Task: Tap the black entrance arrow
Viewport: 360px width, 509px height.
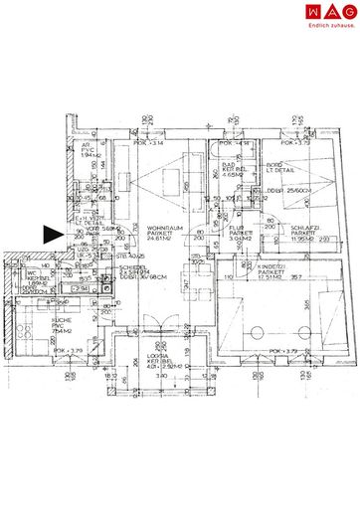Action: pyautogui.click(x=51, y=236)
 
